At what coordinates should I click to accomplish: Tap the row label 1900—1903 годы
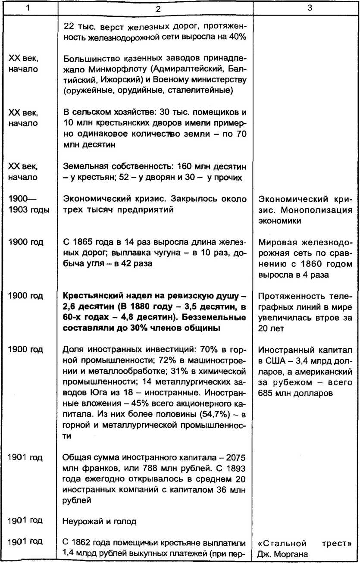click(x=29, y=204)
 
